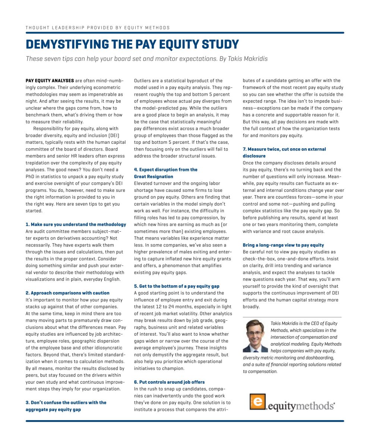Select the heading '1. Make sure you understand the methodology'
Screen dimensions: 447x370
tap(76, 224)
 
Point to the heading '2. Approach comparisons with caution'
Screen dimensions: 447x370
tap(67, 293)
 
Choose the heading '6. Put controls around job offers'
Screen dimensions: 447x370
tap(169, 382)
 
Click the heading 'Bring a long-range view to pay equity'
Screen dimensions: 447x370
tap(283, 245)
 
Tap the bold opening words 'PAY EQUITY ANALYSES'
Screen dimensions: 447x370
tap(49, 80)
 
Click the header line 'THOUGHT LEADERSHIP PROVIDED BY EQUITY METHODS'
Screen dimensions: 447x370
tap(98, 28)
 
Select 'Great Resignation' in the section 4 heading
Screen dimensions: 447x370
tap(154, 177)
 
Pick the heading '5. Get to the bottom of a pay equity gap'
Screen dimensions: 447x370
tap(177, 286)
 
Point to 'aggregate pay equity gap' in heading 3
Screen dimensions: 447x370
tap(53, 409)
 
